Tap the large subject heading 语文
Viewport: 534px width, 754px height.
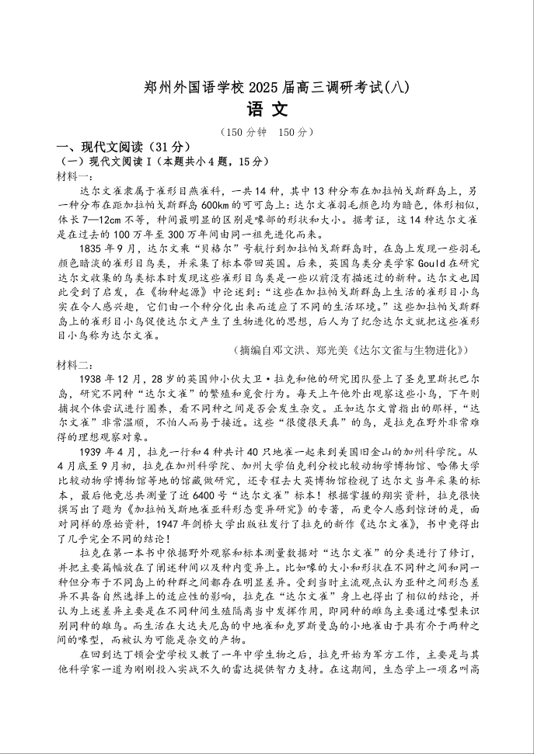(267, 109)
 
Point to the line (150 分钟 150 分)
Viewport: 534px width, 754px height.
(267, 132)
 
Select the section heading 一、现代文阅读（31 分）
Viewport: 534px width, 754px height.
(122, 147)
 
